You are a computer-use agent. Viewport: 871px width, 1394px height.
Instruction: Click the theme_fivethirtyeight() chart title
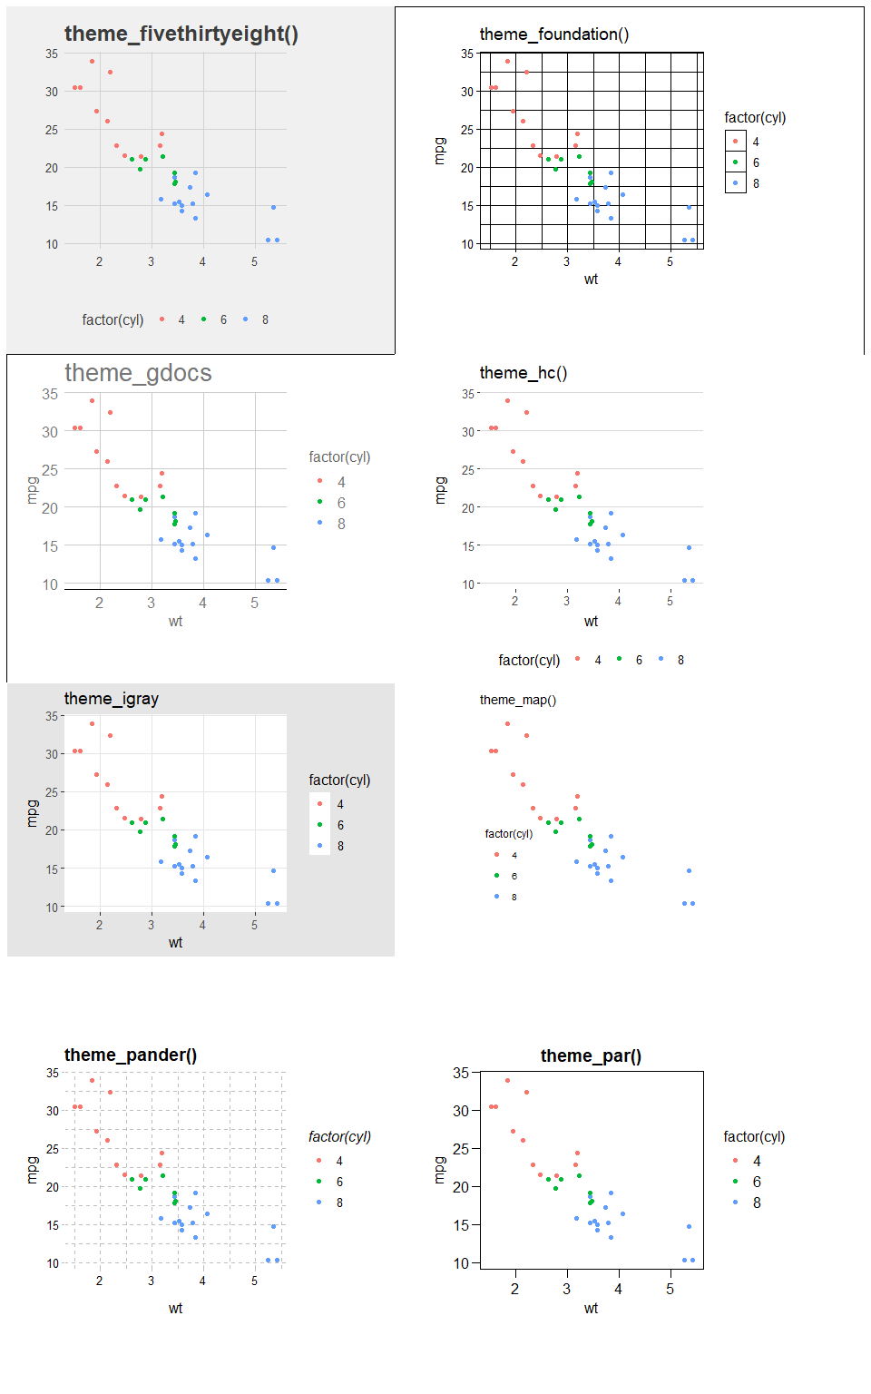(x=181, y=34)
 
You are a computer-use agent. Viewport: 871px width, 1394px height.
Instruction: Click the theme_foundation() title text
(x=553, y=34)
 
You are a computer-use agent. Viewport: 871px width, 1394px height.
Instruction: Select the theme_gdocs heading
(x=138, y=373)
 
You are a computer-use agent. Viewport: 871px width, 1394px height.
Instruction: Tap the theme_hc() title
(x=523, y=373)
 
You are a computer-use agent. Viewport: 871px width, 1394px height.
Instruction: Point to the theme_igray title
(x=111, y=699)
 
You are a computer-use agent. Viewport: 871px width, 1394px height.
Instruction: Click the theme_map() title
(x=517, y=700)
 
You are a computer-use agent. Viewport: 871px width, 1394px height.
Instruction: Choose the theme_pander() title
(x=130, y=1055)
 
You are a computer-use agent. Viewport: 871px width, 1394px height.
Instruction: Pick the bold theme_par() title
(x=591, y=1055)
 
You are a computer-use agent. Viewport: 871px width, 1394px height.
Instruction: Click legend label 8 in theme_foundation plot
(x=756, y=183)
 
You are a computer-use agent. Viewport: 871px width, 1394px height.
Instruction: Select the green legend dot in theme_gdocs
(x=319, y=502)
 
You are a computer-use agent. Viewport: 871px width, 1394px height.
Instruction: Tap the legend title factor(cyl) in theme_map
(x=508, y=834)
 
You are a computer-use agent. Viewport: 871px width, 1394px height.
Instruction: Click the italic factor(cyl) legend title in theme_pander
(x=339, y=1136)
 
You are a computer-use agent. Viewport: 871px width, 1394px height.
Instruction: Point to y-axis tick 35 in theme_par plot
(x=461, y=1073)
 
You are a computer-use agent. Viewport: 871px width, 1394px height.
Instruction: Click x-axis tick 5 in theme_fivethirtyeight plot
(x=254, y=261)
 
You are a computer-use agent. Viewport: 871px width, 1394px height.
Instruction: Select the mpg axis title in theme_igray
(x=33, y=813)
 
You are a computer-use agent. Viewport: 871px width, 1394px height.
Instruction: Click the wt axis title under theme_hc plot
(x=591, y=622)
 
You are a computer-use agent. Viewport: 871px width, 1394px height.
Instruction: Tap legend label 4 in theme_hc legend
(x=598, y=660)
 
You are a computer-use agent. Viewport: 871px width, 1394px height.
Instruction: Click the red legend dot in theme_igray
(x=319, y=804)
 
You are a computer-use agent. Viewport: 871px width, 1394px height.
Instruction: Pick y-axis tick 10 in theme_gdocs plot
(x=50, y=584)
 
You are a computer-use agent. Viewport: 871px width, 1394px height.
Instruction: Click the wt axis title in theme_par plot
(x=591, y=1309)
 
